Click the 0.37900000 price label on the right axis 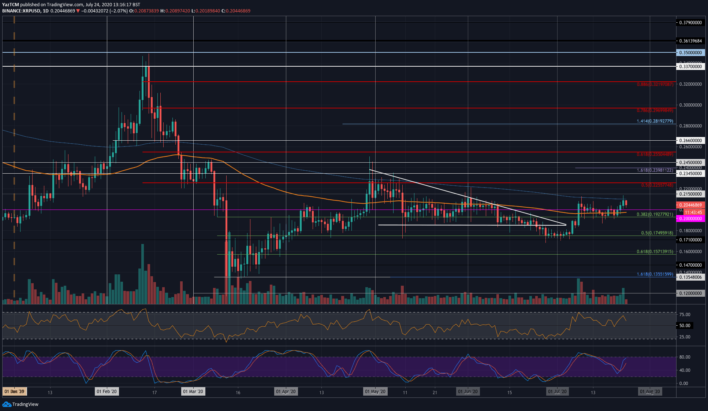pos(690,23)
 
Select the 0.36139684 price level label pos(690,41)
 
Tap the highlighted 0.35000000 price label pos(690,53)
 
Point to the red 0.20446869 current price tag pos(690,205)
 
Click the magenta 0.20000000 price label pos(690,219)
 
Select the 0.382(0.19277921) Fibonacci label pos(655,214)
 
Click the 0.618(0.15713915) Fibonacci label pos(655,252)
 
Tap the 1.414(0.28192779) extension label pos(655,121)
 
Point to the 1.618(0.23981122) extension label pos(655,170)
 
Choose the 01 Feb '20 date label pos(107,392)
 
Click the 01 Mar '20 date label pos(193,392)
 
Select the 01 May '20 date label pos(375,392)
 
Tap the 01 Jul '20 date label pos(557,392)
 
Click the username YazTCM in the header pos(10,5)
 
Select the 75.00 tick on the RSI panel pos(685,315)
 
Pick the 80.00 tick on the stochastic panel pos(685,357)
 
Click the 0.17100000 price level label pos(690,240)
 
